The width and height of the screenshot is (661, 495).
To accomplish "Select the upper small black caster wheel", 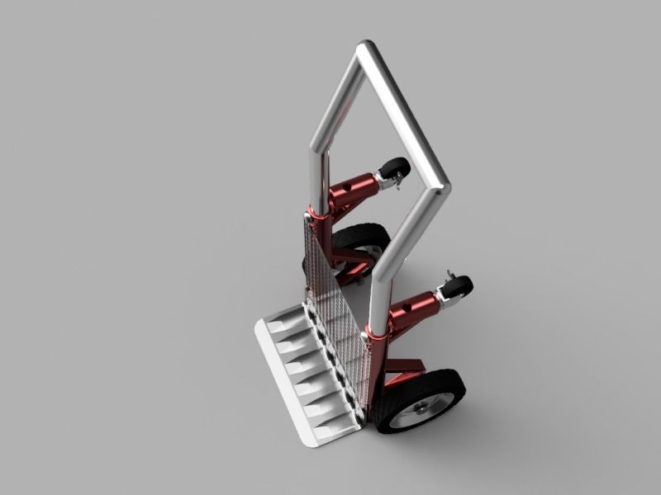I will [396, 168].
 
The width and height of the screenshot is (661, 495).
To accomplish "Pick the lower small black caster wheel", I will [458, 287].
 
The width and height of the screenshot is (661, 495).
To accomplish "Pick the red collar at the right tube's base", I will [376, 334].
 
